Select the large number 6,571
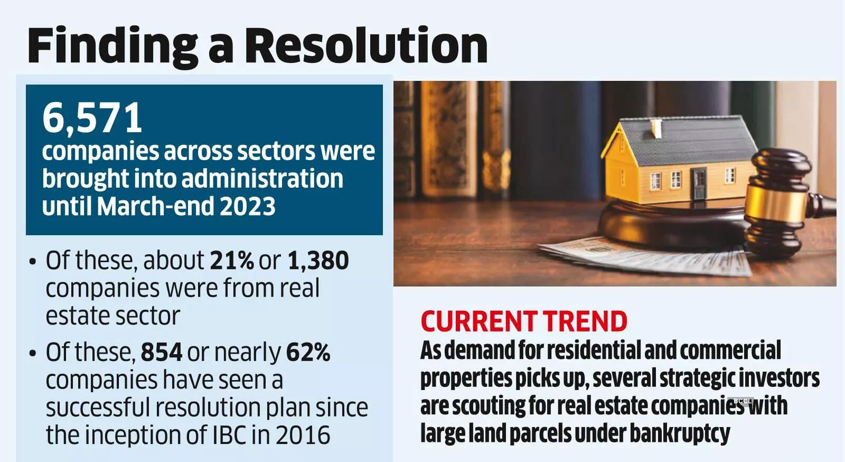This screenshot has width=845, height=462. pyautogui.click(x=92, y=117)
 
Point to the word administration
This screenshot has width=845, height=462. pyautogui.click(x=263, y=179)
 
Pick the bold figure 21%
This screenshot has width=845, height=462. pyautogui.click(x=232, y=260)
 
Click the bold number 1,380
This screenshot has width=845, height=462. pyautogui.click(x=318, y=260)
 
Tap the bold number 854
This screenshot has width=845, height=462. pyautogui.click(x=162, y=352)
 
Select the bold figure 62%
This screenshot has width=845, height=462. pyautogui.click(x=308, y=352)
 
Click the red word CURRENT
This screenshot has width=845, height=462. pyautogui.click(x=478, y=321)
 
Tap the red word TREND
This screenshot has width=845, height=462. pyautogui.click(x=585, y=321)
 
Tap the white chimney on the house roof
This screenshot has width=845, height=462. pyautogui.click(x=656, y=127)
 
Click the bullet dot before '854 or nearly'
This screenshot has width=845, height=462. pyautogui.click(x=33, y=353)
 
